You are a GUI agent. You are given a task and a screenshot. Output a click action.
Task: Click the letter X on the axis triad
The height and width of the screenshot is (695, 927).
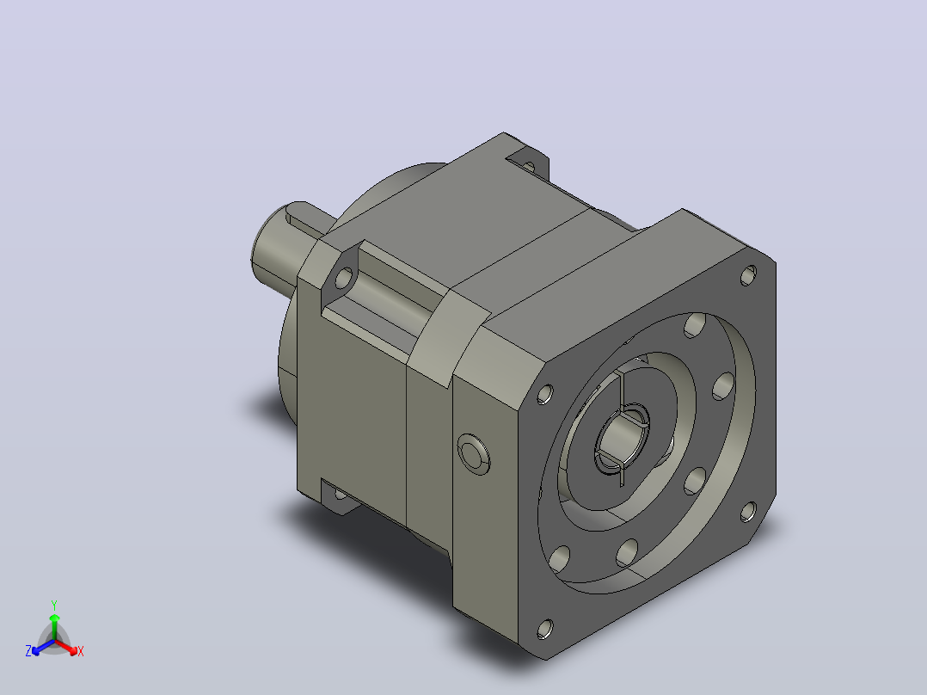81,651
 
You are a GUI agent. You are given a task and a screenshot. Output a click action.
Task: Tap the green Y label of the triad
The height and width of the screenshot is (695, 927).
54,605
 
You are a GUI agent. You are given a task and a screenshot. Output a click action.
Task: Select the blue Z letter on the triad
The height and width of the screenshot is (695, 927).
28,650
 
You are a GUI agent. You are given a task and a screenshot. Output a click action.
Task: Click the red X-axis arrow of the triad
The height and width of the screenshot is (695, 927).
67,647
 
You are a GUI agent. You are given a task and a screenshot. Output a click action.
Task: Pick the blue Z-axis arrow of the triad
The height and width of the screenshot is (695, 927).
43,647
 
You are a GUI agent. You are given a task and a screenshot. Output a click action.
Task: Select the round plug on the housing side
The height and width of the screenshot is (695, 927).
474,454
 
